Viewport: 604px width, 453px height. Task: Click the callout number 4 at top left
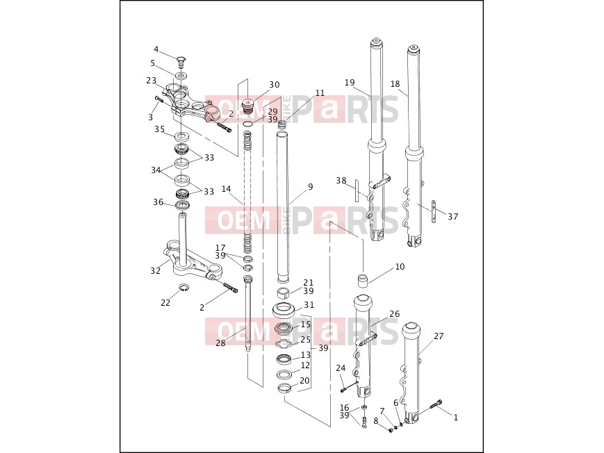pos(156,49)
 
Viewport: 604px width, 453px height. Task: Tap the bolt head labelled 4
pos(181,61)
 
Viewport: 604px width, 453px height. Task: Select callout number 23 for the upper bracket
pos(152,81)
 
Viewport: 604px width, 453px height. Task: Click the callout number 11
pos(320,93)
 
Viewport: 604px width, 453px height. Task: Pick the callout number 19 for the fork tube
pos(350,83)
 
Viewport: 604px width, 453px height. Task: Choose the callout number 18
pos(395,83)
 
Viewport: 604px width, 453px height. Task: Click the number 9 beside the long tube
pos(311,187)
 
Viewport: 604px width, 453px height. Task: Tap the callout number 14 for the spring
pos(226,189)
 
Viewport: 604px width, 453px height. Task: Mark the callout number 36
pos(158,202)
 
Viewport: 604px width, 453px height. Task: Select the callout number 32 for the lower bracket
pos(155,270)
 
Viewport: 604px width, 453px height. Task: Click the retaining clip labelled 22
pos(184,288)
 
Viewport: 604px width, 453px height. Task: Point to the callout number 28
pos(220,343)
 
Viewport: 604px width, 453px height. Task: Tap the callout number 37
pos(453,217)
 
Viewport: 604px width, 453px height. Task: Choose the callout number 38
pos(341,180)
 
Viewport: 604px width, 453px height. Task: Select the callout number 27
pos(439,336)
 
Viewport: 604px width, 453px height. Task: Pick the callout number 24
pos(341,368)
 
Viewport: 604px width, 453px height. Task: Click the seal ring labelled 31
pos(286,310)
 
